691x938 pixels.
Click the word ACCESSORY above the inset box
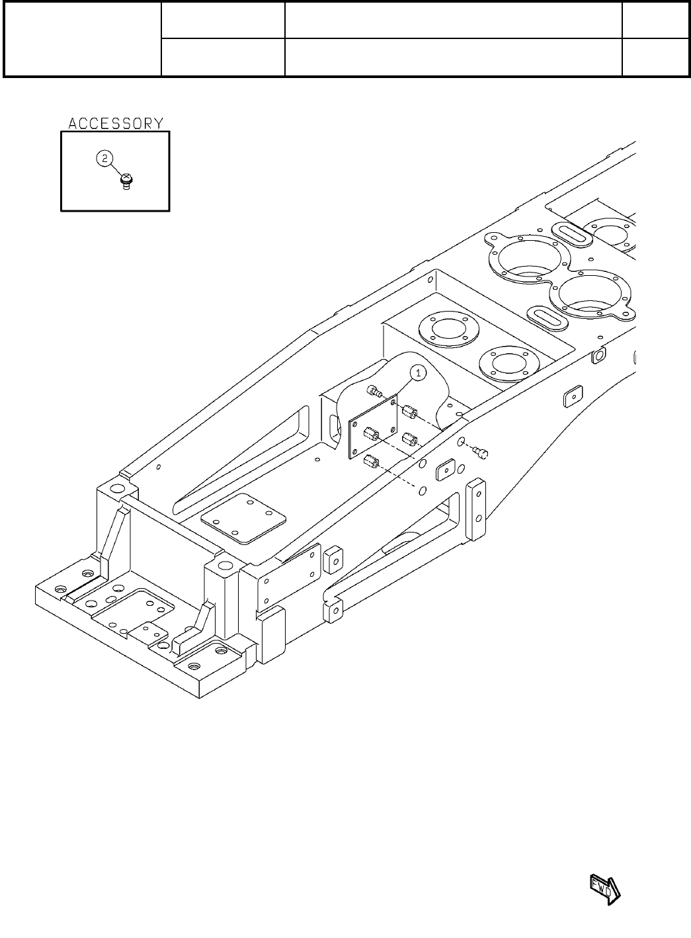[x=116, y=124]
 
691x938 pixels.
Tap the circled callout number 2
[x=104, y=159]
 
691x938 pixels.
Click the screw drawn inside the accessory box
[x=126, y=181]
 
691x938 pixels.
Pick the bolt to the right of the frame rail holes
[x=482, y=452]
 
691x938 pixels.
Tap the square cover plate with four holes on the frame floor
[x=243, y=519]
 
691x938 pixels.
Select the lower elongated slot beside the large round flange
[x=547, y=316]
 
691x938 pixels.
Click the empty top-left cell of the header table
[x=83, y=39]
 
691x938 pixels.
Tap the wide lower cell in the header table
[x=453, y=58]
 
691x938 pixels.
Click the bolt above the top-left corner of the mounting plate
[x=374, y=392]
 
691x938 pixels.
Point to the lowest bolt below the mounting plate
[x=370, y=461]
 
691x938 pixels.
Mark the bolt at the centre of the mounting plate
[x=371, y=435]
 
